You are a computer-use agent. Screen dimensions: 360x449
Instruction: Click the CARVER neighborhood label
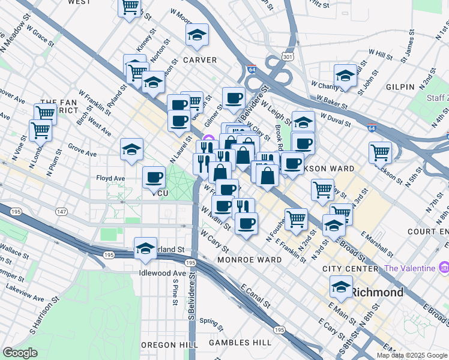[x=200, y=60]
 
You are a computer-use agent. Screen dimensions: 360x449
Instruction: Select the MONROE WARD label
[x=249, y=260]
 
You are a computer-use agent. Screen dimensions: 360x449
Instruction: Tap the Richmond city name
[x=376, y=293]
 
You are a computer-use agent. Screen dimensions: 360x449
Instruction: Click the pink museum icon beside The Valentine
[x=444, y=267]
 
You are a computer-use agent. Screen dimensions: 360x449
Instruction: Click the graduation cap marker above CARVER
[x=197, y=35]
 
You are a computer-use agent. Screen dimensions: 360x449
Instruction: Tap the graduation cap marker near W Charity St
[x=345, y=76]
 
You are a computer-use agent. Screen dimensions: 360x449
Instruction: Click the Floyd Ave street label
[x=110, y=178]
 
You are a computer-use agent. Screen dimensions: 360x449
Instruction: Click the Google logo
[x=20, y=353]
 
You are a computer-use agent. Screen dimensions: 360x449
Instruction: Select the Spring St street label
[x=211, y=321]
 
